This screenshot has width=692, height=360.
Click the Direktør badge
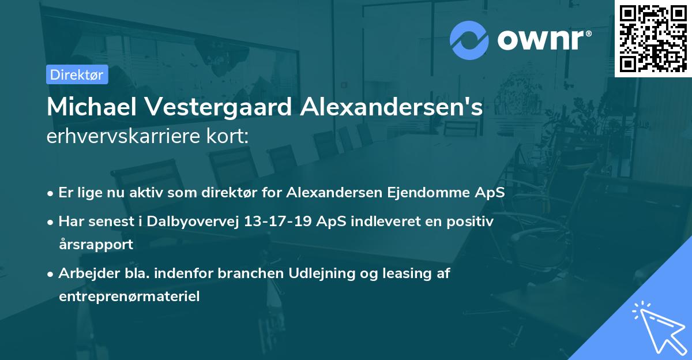point(77,74)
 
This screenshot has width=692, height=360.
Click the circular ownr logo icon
point(469,40)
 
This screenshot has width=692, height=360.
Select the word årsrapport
point(96,244)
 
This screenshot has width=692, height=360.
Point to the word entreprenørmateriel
point(129,297)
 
